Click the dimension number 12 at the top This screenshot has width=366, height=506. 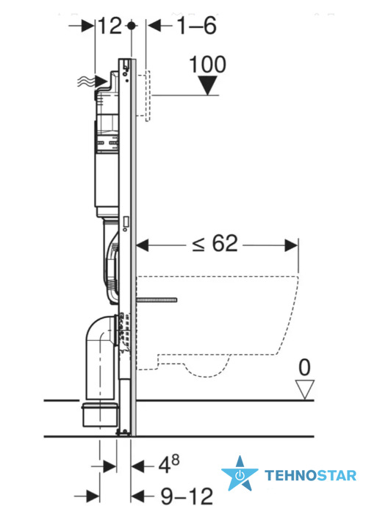110,26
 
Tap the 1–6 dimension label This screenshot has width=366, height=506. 197,26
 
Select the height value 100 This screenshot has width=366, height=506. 207,65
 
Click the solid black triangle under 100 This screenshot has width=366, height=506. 207,85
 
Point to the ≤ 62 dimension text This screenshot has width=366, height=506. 215,243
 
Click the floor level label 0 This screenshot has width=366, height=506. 304,367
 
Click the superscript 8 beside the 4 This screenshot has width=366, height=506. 176,460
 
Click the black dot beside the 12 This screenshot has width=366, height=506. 131,26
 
